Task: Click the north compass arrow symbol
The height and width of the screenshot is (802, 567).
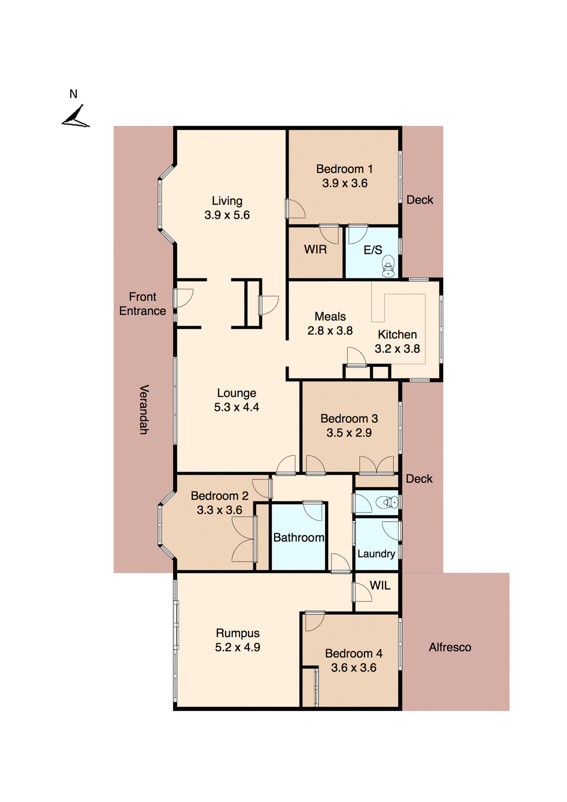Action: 76,117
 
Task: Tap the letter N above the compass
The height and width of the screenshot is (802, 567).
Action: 73,94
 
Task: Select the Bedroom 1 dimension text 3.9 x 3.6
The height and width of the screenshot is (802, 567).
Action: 344,183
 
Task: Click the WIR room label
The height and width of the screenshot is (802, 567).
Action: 315,249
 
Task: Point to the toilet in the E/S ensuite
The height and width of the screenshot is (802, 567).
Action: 388,266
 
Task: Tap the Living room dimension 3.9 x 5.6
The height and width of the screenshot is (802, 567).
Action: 227,215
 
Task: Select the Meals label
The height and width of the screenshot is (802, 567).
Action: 330,316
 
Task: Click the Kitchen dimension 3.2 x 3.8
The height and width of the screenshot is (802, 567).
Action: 397,349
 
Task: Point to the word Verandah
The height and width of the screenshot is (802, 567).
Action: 144,409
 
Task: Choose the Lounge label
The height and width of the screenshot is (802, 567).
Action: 236,393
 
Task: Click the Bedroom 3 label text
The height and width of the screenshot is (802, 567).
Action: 349,419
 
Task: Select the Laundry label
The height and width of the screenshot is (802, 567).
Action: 376,554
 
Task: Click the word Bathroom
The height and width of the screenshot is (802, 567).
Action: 299,538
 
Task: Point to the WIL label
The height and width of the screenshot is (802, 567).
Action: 380,586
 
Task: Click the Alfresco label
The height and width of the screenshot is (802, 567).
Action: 450,647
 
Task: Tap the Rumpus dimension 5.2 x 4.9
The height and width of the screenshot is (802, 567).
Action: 237,647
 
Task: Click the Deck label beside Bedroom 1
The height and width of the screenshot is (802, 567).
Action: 420,200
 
